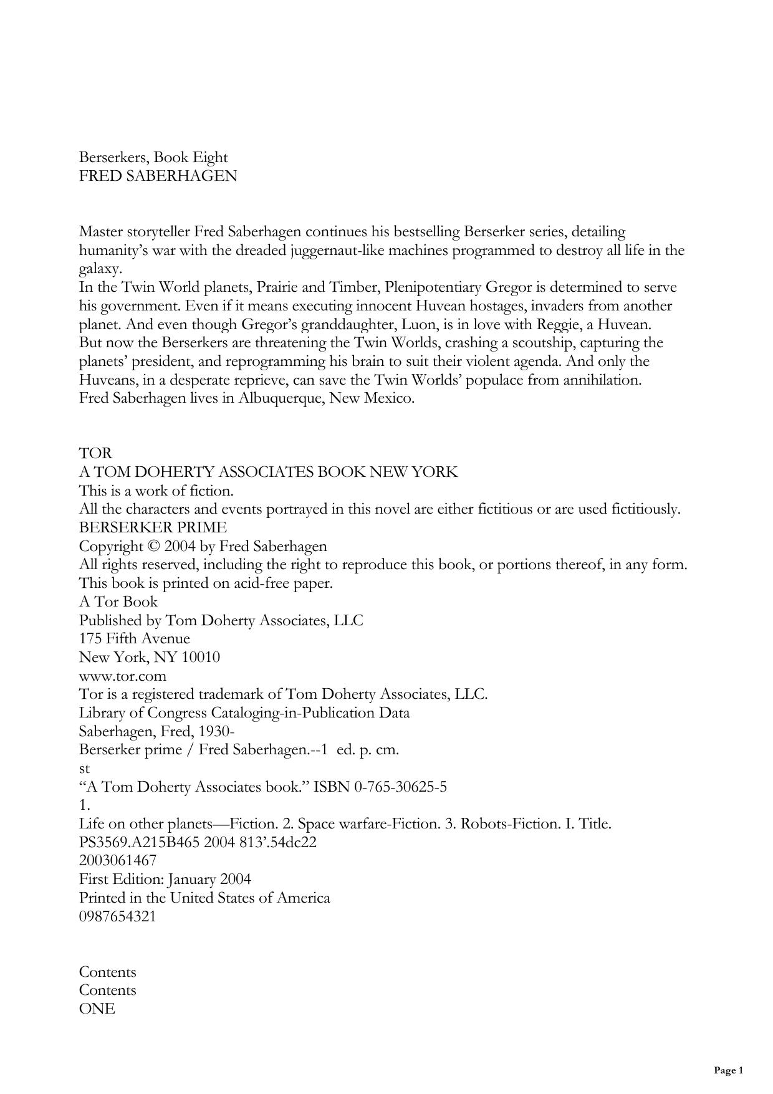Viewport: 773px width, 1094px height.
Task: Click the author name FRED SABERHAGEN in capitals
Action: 158,176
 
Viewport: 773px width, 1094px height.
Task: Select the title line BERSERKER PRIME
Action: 153,527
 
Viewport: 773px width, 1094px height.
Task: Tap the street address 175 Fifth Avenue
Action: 134,639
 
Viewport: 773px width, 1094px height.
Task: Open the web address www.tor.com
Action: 123,676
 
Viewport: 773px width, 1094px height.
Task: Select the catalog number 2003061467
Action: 118,861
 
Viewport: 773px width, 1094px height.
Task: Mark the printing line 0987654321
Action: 118,916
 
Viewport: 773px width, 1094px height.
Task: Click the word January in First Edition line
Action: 188,880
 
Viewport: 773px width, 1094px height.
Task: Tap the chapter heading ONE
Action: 97,1009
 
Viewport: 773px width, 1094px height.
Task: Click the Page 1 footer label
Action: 728,1071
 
